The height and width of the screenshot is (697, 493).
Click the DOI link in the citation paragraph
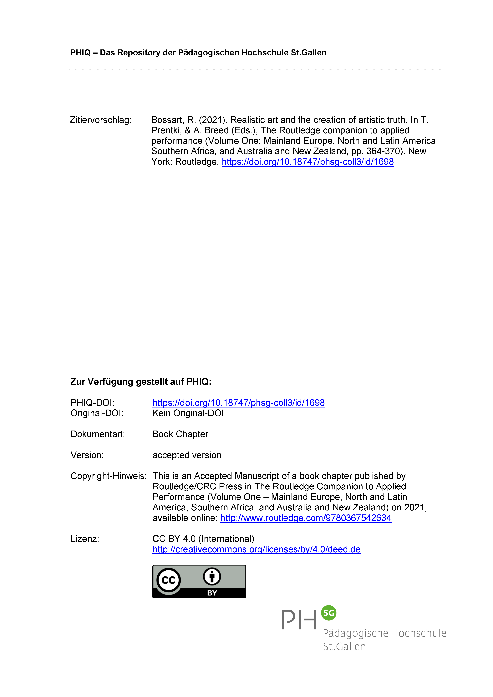tap(307, 162)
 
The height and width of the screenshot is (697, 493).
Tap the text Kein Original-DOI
tap(188, 413)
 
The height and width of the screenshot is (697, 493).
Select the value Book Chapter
tap(180, 434)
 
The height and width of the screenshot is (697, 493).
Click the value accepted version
tap(187, 455)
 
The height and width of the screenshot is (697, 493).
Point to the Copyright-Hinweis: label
tap(108, 476)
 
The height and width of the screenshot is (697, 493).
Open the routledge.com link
tap(306, 518)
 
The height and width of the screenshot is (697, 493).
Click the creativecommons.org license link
tap(257, 549)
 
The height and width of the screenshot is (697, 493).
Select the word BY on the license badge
tap(212, 593)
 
